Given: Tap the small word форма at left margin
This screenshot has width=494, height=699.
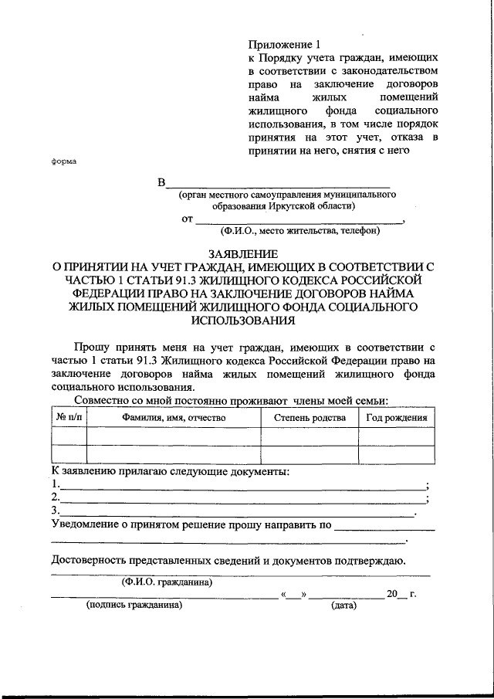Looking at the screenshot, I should pyautogui.click(x=63, y=161).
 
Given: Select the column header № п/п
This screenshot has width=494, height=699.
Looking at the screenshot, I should pyautogui.click(x=69, y=418).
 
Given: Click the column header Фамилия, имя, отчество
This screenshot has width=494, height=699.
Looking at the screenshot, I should pyautogui.click(x=173, y=418).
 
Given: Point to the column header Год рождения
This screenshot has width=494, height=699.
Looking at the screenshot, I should pyautogui.click(x=397, y=418).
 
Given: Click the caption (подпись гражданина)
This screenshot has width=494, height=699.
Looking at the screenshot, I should pyautogui.click(x=134, y=606).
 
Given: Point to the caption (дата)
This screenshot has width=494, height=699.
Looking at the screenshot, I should pyautogui.click(x=343, y=606).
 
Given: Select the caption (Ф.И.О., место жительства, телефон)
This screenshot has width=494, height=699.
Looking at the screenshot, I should pyautogui.click(x=299, y=230).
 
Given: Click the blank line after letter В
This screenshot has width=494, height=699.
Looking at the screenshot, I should pyautogui.click(x=278, y=185).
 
